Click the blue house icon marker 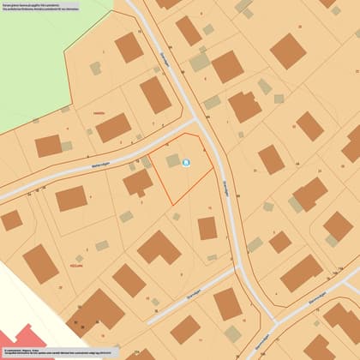(x=187, y=163)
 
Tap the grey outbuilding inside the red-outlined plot (x=173, y=160)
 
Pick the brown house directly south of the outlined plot (x=207, y=228)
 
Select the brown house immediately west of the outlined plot (x=137, y=182)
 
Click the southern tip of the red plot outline (x=171, y=204)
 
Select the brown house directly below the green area (x=48, y=146)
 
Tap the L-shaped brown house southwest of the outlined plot (x=159, y=248)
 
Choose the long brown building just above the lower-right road (x=302, y=273)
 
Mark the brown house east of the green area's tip (x=129, y=48)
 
